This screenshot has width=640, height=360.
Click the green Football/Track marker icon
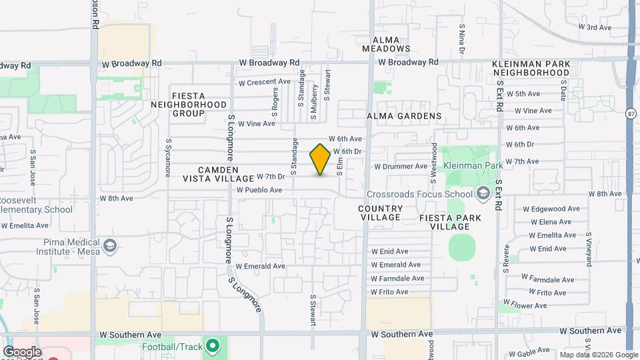pyautogui.click(x=213, y=347)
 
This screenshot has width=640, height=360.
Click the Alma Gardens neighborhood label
pyautogui.click(x=404, y=116)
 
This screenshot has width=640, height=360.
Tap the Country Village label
pyautogui.click(x=380, y=213)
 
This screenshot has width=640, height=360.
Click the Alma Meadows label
pyautogui.click(x=386, y=44)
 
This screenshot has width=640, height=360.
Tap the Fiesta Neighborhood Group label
pyautogui.click(x=188, y=105)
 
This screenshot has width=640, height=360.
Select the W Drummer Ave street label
pyautogui.click(x=401, y=166)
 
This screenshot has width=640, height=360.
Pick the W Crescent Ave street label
pyautogui.click(x=264, y=82)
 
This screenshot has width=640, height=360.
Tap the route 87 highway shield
pyautogui.click(x=631, y=114)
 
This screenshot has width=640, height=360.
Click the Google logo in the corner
pyautogui.click(x=21, y=352)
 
